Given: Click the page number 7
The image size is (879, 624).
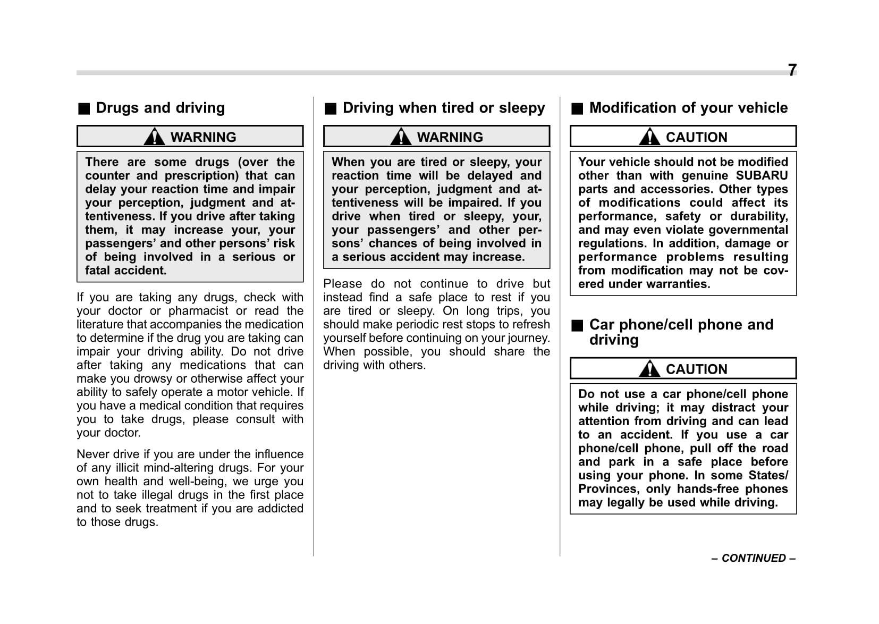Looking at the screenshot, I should (x=792, y=70).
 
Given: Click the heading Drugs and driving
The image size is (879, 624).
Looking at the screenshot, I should (x=160, y=108).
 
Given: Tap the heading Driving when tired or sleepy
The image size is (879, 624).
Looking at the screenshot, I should (x=443, y=108).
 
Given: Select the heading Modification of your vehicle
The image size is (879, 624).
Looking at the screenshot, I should (x=688, y=108).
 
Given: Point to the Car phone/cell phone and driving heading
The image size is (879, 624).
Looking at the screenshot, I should (x=681, y=332).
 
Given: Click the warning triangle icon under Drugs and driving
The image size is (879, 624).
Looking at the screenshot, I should (x=154, y=137).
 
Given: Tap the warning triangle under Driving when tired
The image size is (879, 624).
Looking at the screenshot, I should (x=401, y=137).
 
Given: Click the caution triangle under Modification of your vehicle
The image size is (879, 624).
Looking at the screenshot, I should (x=649, y=137).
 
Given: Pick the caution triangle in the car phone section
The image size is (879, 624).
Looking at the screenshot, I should (x=649, y=368).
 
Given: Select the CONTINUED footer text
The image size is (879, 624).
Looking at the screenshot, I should (x=754, y=558).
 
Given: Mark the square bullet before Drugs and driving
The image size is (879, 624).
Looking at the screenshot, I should (x=84, y=109).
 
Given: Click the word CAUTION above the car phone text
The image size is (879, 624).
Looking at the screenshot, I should (x=696, y=369).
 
